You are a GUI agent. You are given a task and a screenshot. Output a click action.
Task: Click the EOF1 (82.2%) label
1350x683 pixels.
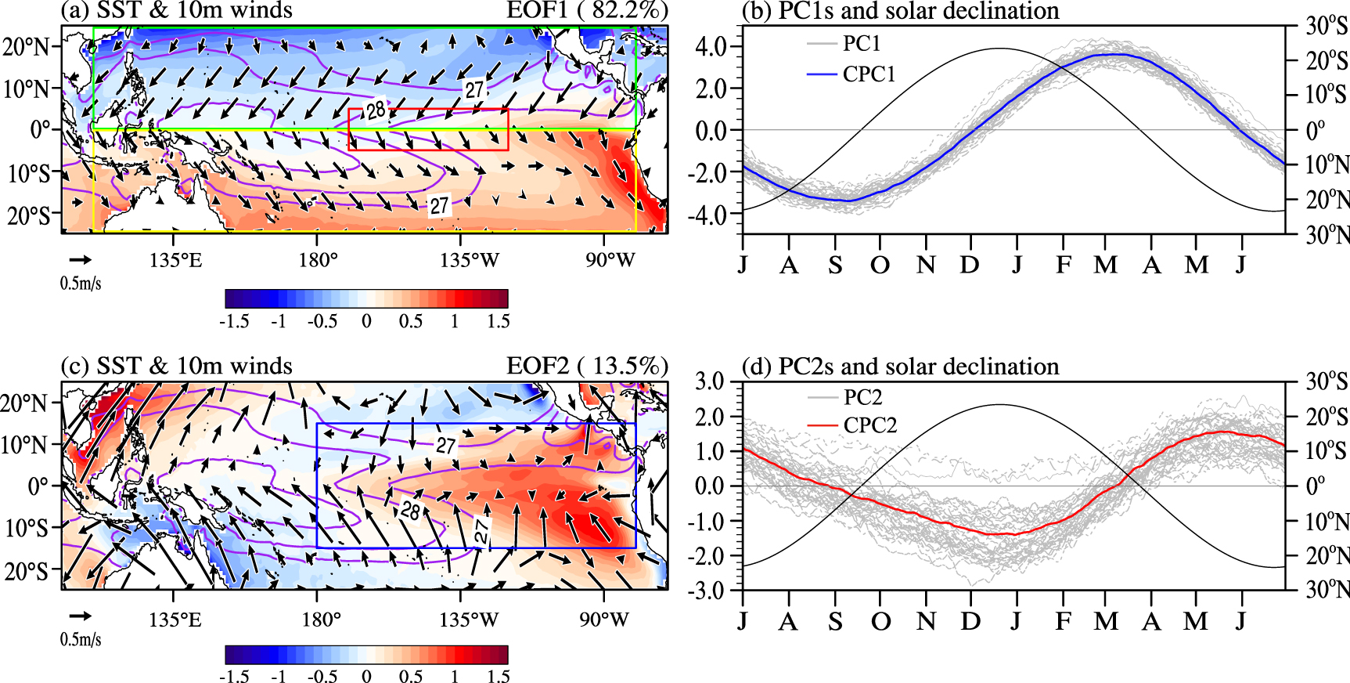click(587, 10)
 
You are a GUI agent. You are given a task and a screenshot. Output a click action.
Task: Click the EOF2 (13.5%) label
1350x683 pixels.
click(587, 366)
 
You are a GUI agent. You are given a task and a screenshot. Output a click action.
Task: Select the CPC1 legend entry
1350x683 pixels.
click(869, 74)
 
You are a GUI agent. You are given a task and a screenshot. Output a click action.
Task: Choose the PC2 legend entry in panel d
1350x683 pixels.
click(862, 397)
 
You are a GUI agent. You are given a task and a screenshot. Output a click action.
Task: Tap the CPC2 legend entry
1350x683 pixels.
click(869, 425)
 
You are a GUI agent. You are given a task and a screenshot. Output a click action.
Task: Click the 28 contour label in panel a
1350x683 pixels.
click(376, 110)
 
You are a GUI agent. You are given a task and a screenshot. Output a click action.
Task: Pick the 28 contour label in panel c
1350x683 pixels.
click(410, 511)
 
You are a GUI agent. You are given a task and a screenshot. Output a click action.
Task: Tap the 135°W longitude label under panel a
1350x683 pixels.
click(469, 260)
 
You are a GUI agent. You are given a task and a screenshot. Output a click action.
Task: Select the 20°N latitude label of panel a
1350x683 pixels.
click(25, 46)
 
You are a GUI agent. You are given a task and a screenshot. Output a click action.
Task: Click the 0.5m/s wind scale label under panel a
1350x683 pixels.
click(81, 283)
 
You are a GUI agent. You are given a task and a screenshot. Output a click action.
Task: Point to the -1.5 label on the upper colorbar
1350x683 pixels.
click(234, 321)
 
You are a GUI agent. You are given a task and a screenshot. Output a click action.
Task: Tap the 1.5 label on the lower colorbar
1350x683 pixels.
click(498, 676)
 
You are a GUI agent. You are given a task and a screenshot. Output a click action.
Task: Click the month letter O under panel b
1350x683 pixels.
click(880, 266)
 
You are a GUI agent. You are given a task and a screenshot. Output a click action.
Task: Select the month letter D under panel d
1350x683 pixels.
click(970, 621)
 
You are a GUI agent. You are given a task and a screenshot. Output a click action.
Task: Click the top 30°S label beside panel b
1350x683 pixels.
click(1327, 25)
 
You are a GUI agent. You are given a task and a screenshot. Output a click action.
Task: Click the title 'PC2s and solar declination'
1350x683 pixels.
click(918, 367)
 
